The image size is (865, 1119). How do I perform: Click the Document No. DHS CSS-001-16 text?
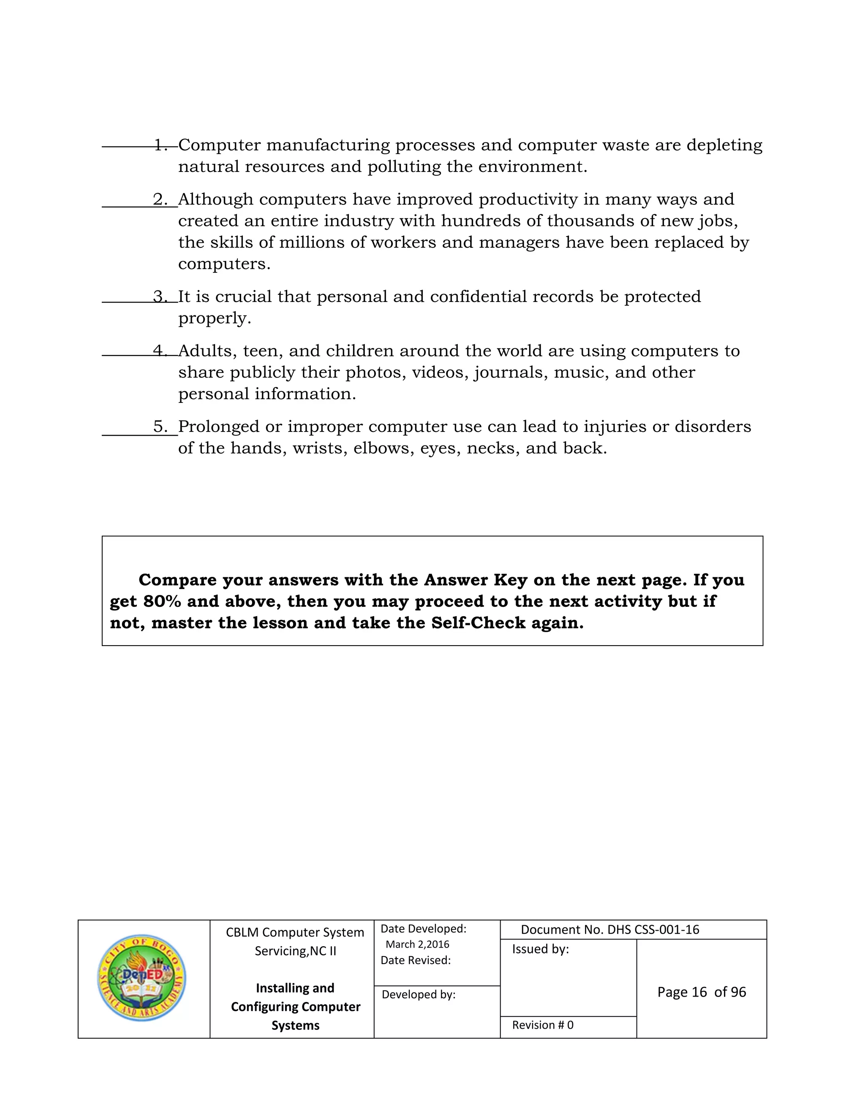coord(610,929)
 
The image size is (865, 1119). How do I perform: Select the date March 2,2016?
coord(417,944)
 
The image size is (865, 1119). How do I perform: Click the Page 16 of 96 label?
coord(701,992)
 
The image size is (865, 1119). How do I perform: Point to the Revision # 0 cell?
coord(542,1025)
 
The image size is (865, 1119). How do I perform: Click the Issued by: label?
coord(540,949)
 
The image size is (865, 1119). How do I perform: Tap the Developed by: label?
coord(418,994)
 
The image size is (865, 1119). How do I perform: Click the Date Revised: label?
coord(415,960)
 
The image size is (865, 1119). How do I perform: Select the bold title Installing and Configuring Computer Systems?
coord(295,1006)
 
